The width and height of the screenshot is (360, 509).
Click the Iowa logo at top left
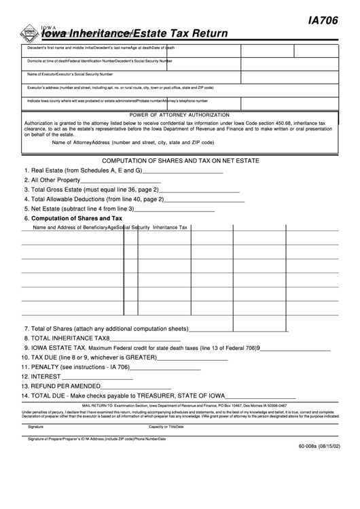[x=27, y=32]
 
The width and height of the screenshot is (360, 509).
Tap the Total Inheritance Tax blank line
[x=145, y=340]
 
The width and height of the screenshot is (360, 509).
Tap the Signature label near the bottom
[x=35, y=426]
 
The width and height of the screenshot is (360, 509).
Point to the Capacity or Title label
[x=166, y=426]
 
